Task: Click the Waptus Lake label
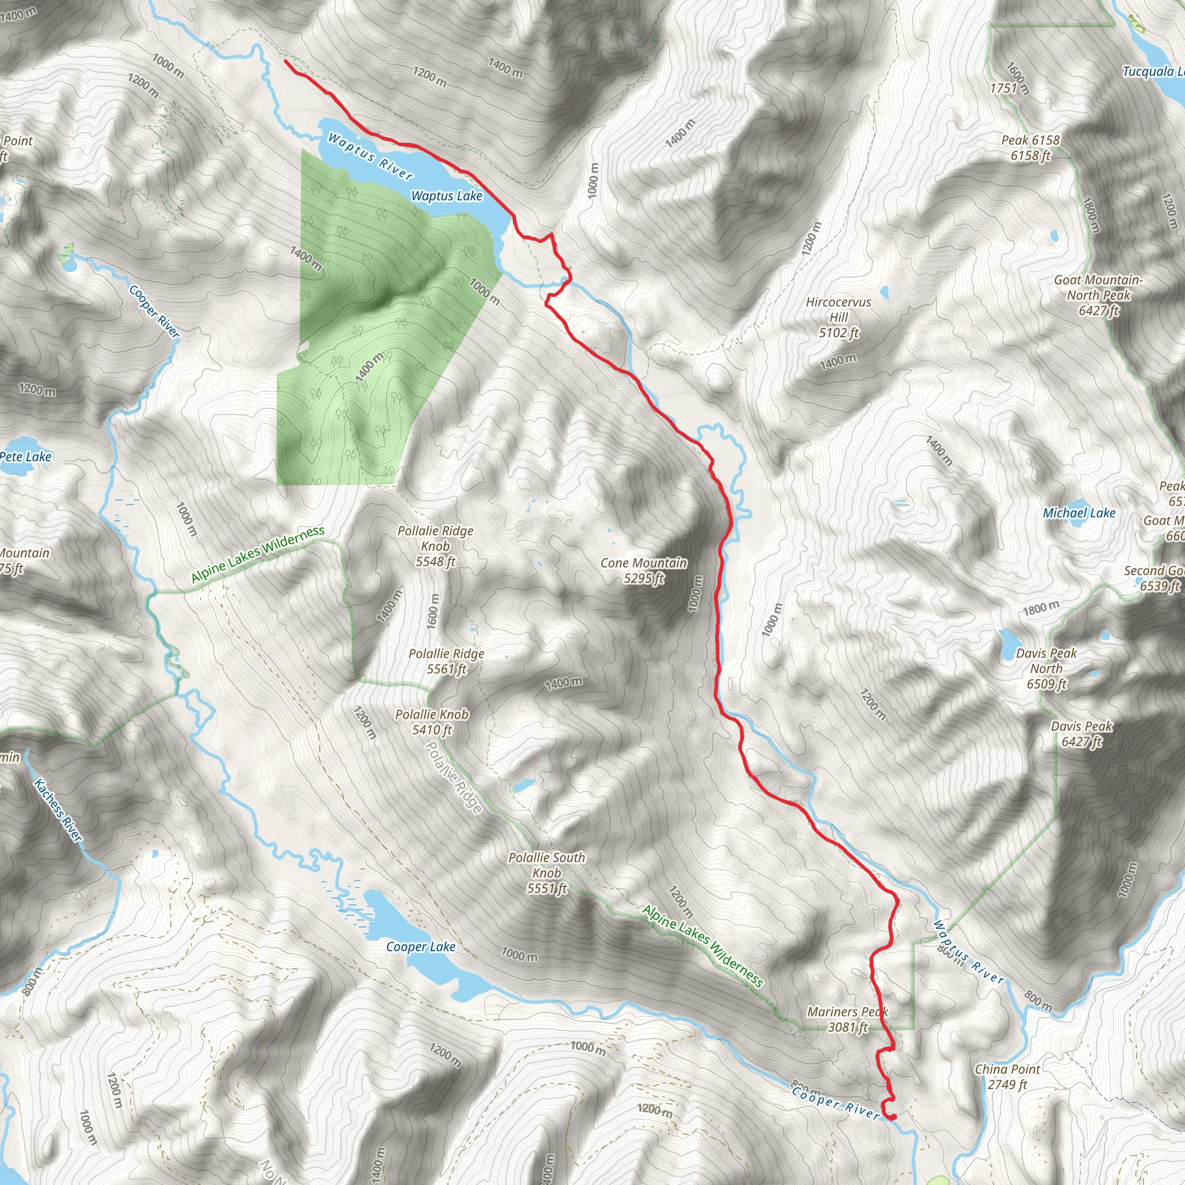[447, 196]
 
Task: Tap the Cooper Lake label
[421, 947]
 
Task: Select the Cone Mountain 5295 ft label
[643, 571]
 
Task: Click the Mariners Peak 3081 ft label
[848, 1020]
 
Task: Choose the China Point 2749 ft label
[1007, 1076]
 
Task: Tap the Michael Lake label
[1079, 513]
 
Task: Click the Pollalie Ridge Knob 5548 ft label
[436, 546]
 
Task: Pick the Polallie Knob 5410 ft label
[432, 722]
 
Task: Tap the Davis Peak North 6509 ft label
[1046, 668]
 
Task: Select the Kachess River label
[58, 809]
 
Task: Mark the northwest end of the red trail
[286, 61]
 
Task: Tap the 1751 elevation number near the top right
[1003, 88]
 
